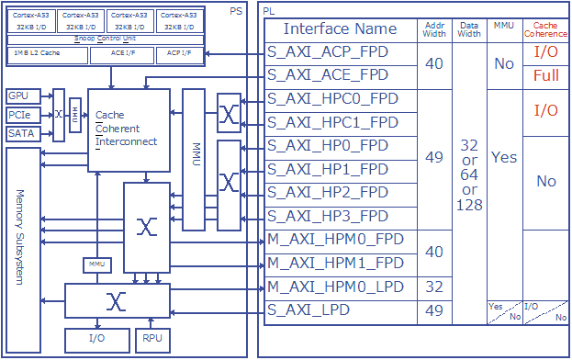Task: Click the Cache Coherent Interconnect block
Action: point(129,129)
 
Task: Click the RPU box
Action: point(151,340)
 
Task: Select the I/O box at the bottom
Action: point(96,340)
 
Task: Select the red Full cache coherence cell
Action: point(545,76)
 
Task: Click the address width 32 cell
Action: point(435,287)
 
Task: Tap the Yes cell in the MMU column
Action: point(504,158)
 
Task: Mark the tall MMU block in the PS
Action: point(193,159)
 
